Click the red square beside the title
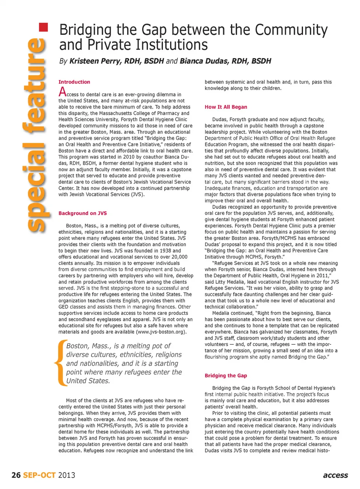(44, 27)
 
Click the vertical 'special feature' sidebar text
(36, 135)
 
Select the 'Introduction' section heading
(74, 82)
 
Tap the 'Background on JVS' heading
(82, 213)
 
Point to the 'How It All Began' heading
(226, 107)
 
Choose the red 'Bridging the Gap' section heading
(226, 375)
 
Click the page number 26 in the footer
(16, 475)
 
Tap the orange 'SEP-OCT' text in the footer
(39, 475)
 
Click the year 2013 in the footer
(66, 475)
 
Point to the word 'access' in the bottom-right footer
(335, 475)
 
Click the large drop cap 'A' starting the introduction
(63, 91)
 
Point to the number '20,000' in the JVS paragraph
(178, 257)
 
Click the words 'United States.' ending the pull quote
(88, 381)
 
